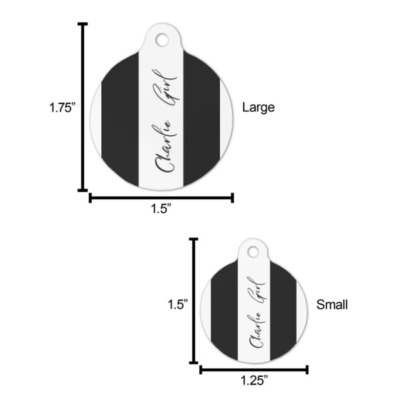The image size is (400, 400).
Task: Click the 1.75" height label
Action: click(62, 107)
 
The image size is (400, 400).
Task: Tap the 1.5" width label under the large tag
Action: click(161, 209)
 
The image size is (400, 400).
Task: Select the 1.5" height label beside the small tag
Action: click(177, 303)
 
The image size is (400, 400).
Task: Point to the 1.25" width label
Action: click(254, 380)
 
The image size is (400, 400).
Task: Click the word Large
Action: click(258, 107)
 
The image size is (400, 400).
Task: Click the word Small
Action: click(331, 305)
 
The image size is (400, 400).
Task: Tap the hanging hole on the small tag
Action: click(254, 251)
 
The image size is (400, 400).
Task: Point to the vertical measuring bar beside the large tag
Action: click(83, 107)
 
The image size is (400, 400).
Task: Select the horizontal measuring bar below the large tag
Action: click(161, 197)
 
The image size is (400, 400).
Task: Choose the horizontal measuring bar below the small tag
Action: click(254, 369)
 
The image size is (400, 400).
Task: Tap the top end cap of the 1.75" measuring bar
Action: click(83, 25)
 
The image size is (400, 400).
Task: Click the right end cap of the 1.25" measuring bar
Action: click(307, 369)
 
